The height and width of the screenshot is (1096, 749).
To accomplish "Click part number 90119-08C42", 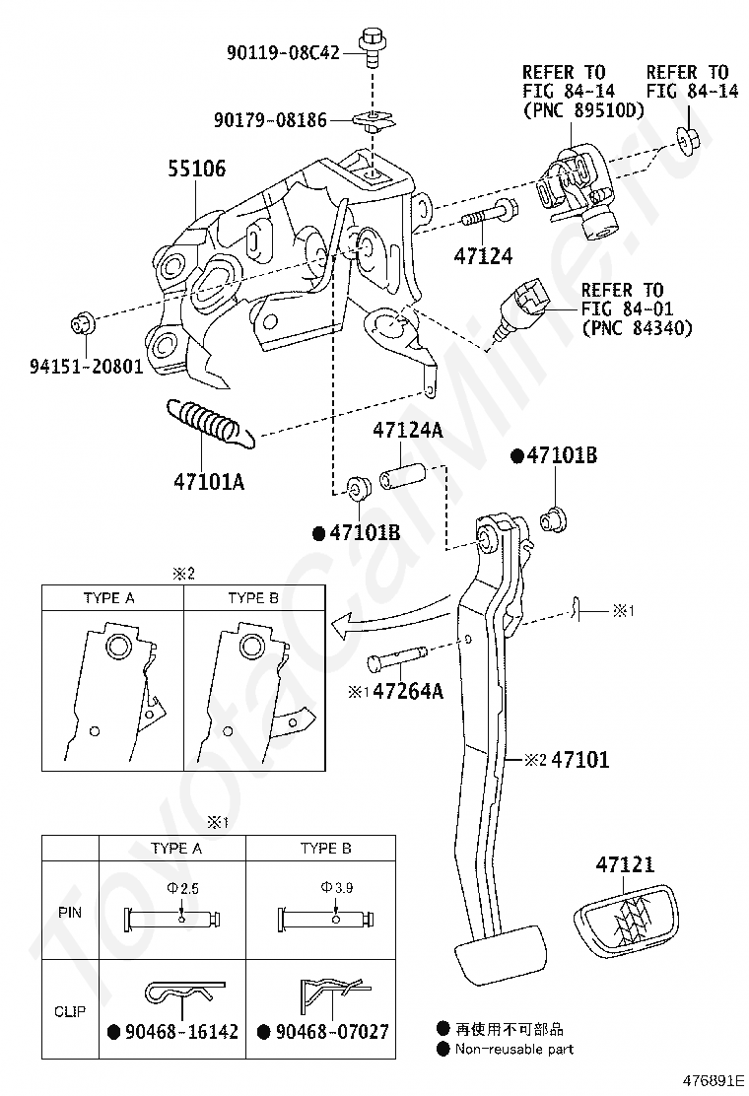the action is coord(283,52).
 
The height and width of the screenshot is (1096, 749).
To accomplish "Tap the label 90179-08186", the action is coord(270,120).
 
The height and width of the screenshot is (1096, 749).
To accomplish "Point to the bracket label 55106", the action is coord(196,169).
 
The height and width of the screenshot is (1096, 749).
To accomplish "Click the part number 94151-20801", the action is coord(86,366).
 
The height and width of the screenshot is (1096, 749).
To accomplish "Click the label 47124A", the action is coord(407,429).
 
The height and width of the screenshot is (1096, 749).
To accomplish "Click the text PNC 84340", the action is coord(637,328).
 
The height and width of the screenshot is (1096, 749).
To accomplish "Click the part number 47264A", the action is coord(408,691).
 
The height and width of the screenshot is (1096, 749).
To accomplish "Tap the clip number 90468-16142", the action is coord(181,1032).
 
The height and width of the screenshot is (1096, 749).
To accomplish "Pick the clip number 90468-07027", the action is coord(332,1032).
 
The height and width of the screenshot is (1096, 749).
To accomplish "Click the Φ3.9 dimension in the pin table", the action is coord(337,888).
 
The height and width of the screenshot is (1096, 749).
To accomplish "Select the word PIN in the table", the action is coord(70,912).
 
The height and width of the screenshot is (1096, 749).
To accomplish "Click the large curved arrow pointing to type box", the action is coord(390,613).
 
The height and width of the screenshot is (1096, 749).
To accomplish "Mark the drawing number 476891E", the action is coord(710,1080).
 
